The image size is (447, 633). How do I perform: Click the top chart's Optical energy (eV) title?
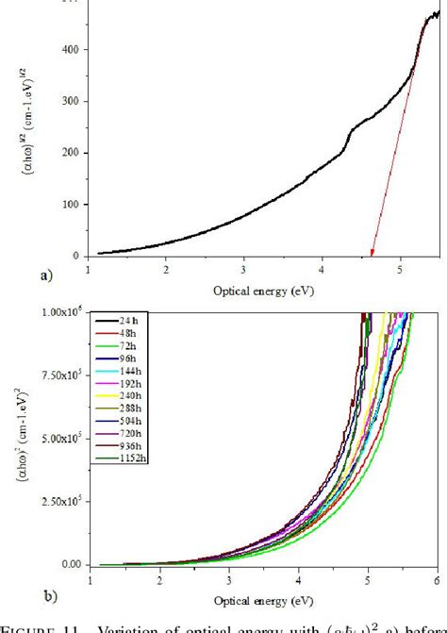click(x=263, y=291)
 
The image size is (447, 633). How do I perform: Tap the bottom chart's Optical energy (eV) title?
click(x=263, y=601)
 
